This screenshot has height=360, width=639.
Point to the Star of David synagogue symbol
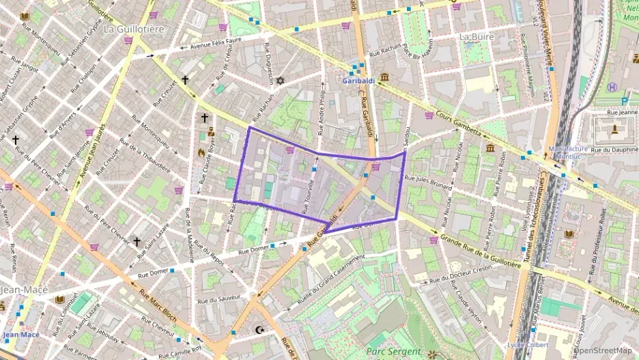coord(279,81)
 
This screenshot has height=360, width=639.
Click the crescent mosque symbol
coord(259,330)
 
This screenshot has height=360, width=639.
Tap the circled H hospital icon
coord(612,87)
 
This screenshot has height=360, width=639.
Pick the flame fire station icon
coord(201,152)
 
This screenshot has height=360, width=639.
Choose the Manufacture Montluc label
coord(567,152)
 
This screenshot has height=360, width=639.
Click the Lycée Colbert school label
coord(528,345)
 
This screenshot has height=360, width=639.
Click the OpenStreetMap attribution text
coord(603,351)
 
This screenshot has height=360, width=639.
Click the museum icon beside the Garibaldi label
coord(385,77)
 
